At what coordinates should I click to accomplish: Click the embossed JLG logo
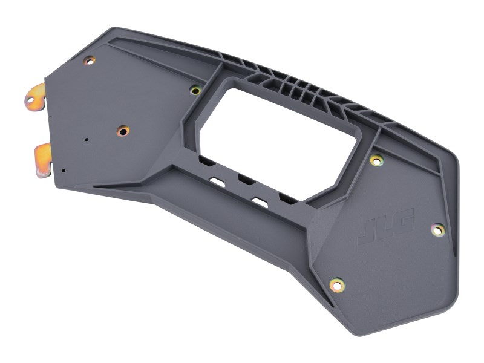click(385, 227)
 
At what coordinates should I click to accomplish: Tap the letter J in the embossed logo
click(367, 234)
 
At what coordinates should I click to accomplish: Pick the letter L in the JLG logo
click(384, 227)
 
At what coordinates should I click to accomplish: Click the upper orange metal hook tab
click(35, 97)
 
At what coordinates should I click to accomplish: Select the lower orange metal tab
click(43, 160)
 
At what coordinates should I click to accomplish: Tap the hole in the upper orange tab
click(30, 100)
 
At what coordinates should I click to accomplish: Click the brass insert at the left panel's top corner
click(90, 60)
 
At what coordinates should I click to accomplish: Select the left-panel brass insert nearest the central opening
click(195, 90)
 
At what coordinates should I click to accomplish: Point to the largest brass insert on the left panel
click(123, 131)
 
